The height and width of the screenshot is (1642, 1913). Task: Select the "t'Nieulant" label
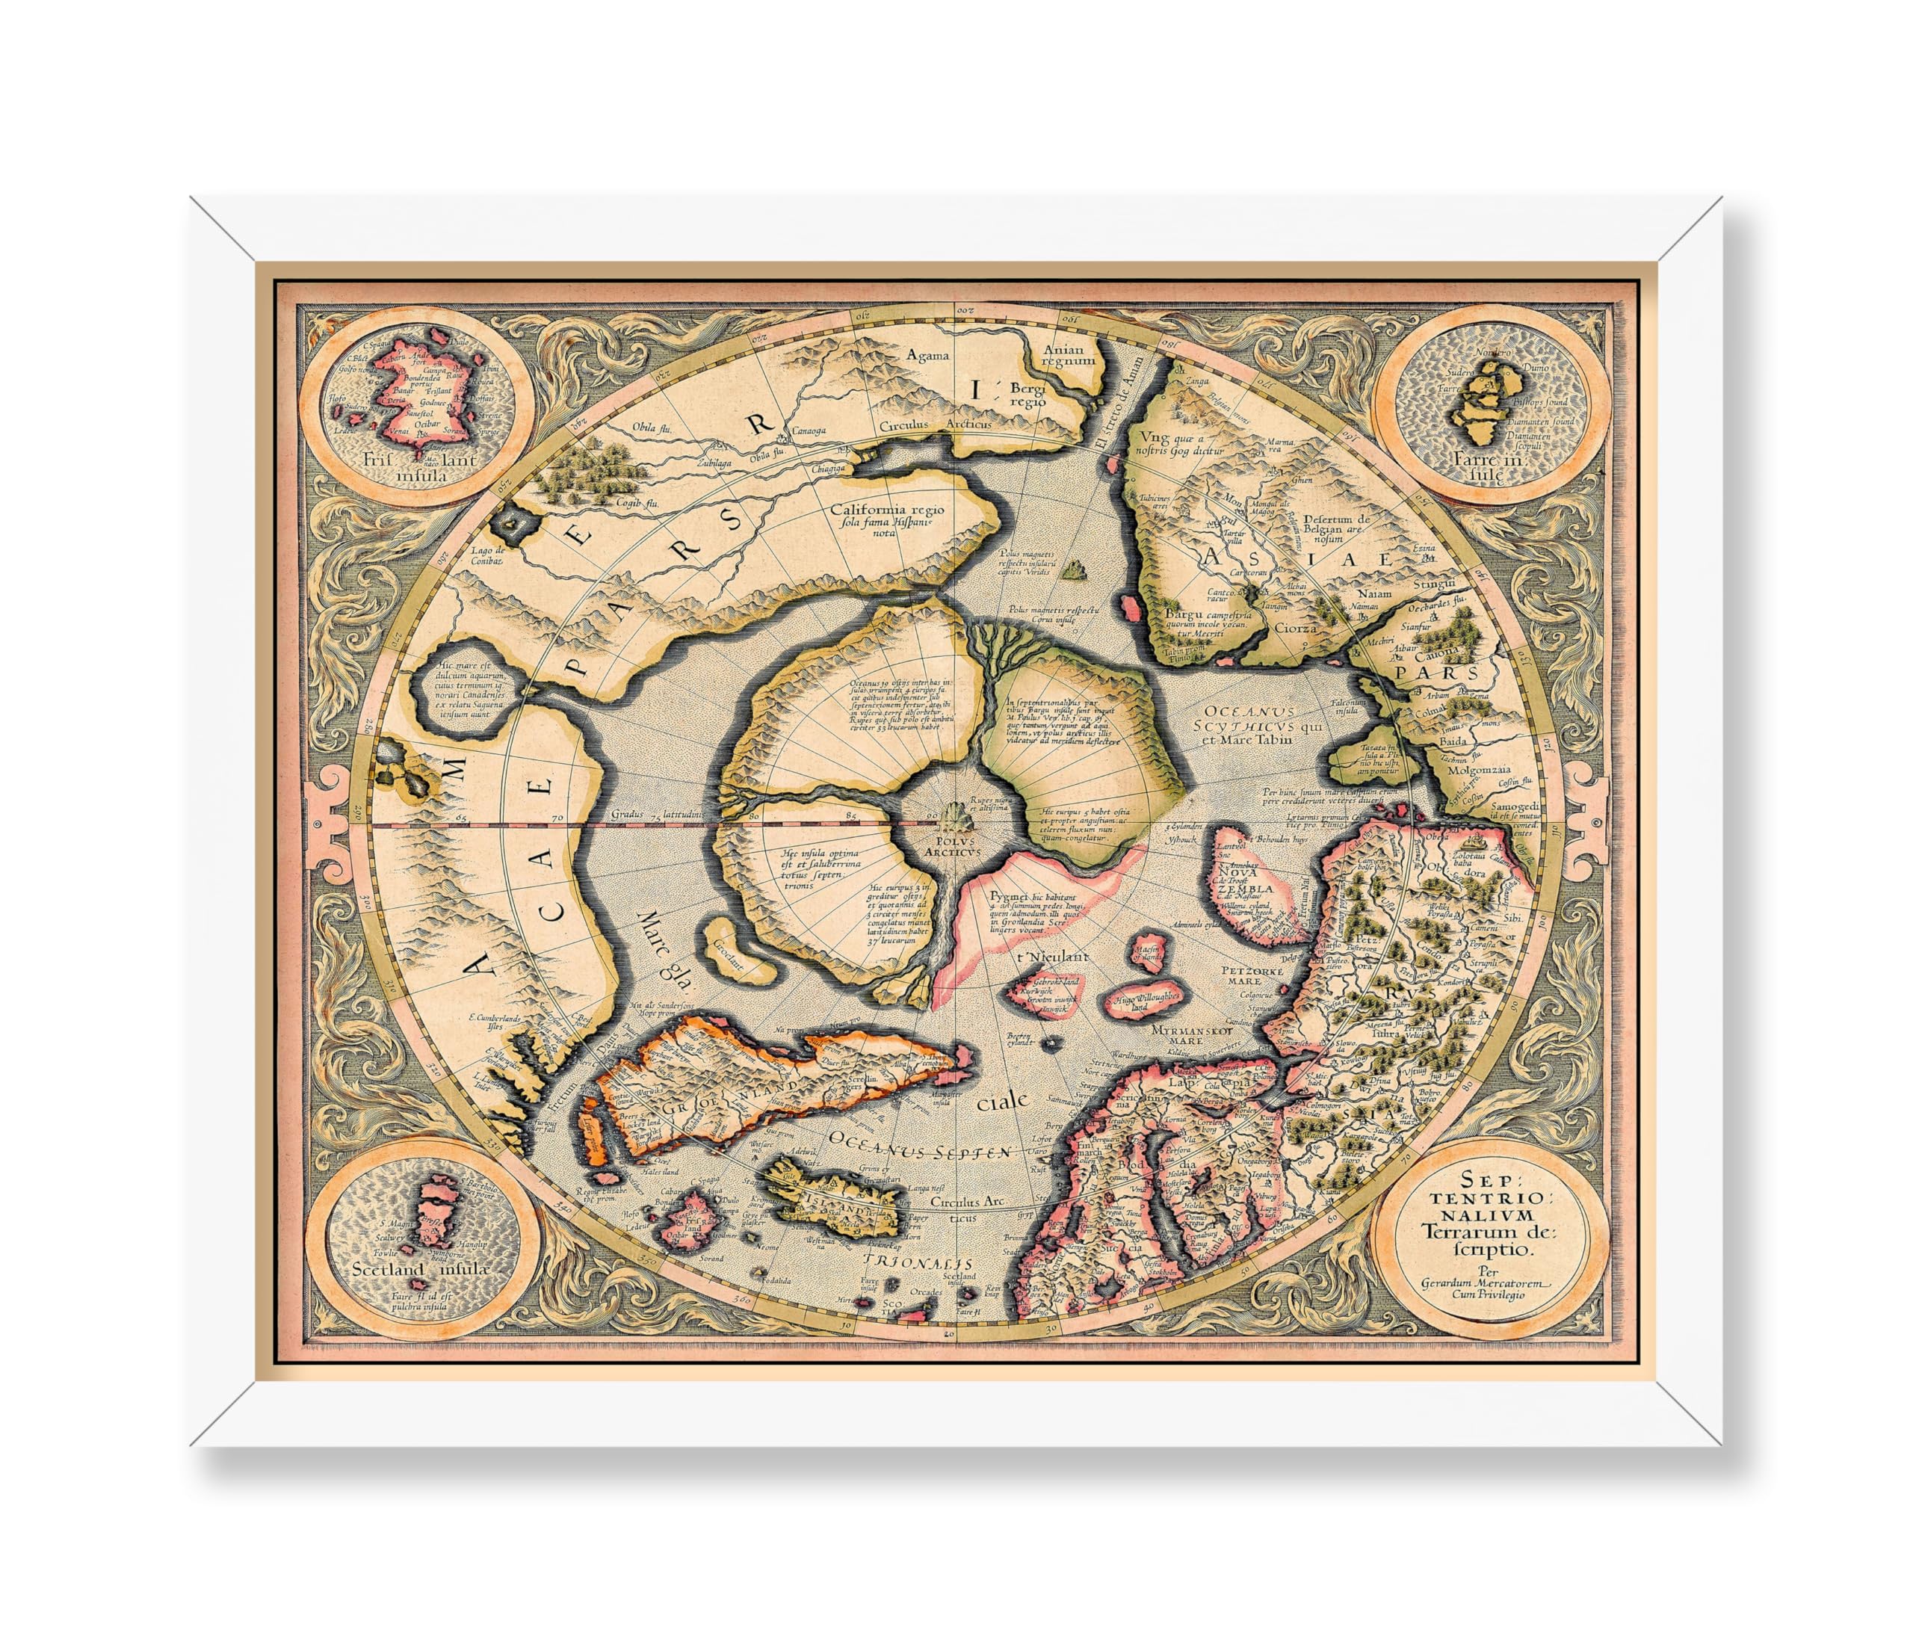(x=1042, y=957)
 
